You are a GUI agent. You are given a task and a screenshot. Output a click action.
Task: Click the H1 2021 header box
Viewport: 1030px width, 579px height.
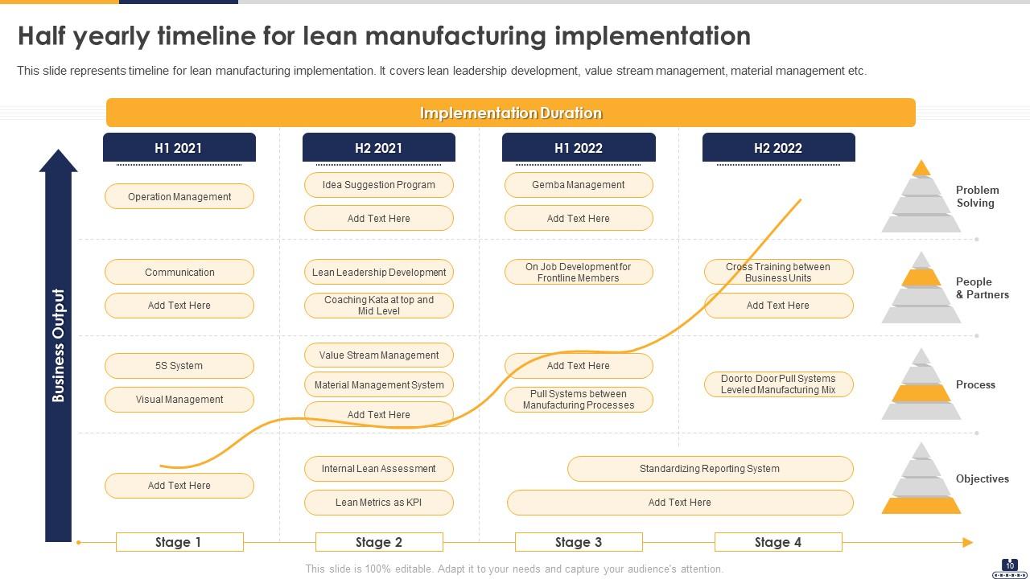point(179,148)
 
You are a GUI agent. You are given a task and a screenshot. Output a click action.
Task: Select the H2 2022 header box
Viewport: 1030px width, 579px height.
point(778,148)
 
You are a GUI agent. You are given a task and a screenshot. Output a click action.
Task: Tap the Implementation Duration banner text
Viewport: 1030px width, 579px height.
point(510,113)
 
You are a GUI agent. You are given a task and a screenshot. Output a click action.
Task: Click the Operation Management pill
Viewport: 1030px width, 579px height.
point(179,197)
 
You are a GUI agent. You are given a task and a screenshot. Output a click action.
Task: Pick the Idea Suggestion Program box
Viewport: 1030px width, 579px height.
point(378,185)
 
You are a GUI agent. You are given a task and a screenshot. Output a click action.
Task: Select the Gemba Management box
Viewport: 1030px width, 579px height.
point(578,185)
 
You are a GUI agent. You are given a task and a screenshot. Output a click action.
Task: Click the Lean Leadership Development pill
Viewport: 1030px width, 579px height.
point(378,273)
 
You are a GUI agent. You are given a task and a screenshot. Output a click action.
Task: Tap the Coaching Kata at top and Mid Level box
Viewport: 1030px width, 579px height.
point(378,306)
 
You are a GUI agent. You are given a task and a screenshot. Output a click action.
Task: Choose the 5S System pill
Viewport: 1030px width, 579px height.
point(179,366)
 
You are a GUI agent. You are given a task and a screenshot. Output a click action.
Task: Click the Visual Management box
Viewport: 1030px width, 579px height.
point(179,400)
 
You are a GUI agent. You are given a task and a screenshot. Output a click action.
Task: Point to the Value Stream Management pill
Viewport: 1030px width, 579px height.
point(378,355)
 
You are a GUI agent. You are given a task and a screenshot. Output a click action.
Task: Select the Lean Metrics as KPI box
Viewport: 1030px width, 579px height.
point(378,503)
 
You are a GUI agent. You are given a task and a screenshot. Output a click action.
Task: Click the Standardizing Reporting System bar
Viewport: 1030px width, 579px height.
point(709,469)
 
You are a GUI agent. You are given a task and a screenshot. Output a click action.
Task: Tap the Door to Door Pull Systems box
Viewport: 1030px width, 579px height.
point(778,384)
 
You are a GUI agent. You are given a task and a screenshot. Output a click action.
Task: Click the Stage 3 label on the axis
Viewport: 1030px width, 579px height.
point(578,542)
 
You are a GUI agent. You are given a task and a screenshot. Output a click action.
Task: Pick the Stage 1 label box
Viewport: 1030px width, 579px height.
point(179,542)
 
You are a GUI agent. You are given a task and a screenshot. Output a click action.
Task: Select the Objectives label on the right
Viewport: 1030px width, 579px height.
point(982,479)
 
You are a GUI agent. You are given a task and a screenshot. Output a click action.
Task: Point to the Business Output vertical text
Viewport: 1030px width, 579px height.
point(58,345)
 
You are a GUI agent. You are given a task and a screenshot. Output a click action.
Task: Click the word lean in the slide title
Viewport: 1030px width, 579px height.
point(332,36)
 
